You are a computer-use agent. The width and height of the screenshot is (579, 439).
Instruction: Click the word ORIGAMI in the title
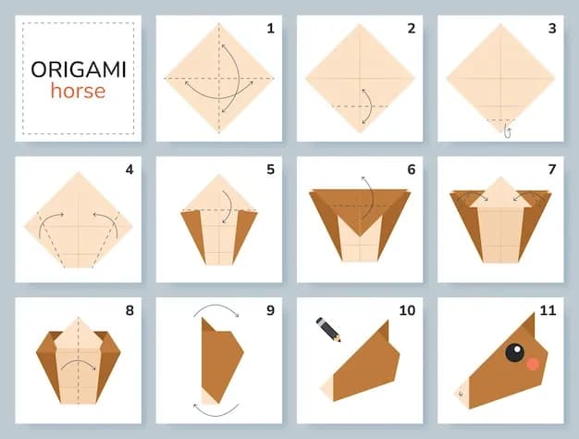pyautogui.click(x=79, y=69)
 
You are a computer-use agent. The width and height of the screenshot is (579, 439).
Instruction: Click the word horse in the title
pyautogui.click(x=78, y=91)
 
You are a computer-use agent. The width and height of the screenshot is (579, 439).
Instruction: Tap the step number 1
pyautogui.click(x=271, y=29)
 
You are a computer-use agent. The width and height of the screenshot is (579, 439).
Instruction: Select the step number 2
pyautogui.click(x=412, y=29)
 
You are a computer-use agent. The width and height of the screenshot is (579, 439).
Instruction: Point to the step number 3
pyautogui.click(x=552, y=29)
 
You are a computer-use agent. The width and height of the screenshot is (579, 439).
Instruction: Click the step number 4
pyautogui.click(x=129, y=169)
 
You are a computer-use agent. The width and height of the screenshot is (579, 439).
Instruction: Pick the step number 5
pyautogui.click(x=271, y=169)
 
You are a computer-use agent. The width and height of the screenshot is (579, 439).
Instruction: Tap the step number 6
pyautogui.click(x=412, y=169)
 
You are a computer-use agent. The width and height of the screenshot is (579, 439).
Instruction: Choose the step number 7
pyautogui.click(x=552, y=169)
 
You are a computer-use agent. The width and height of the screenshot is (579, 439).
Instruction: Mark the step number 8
pyautogui.click(x=129, y=310)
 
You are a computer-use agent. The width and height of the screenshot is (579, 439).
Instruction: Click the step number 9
pyautogui.click(x=271, y=310)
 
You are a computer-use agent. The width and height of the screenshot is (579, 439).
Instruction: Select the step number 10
pyautogui.click(x=407, y=310)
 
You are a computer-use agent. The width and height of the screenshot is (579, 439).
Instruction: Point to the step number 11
pyautogui.click(x=548, y=310)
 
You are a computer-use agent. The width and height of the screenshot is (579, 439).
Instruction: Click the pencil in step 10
pyautogui.click(x=328, y=330)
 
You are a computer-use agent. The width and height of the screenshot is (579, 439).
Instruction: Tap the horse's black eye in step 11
pyautogui.click(x=514, y=353)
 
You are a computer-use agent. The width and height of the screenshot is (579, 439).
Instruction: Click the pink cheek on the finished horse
pyautogui.click(x=533, y=364)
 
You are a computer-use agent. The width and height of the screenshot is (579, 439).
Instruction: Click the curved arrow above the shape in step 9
pyautogui.click(x=216, y=306)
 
